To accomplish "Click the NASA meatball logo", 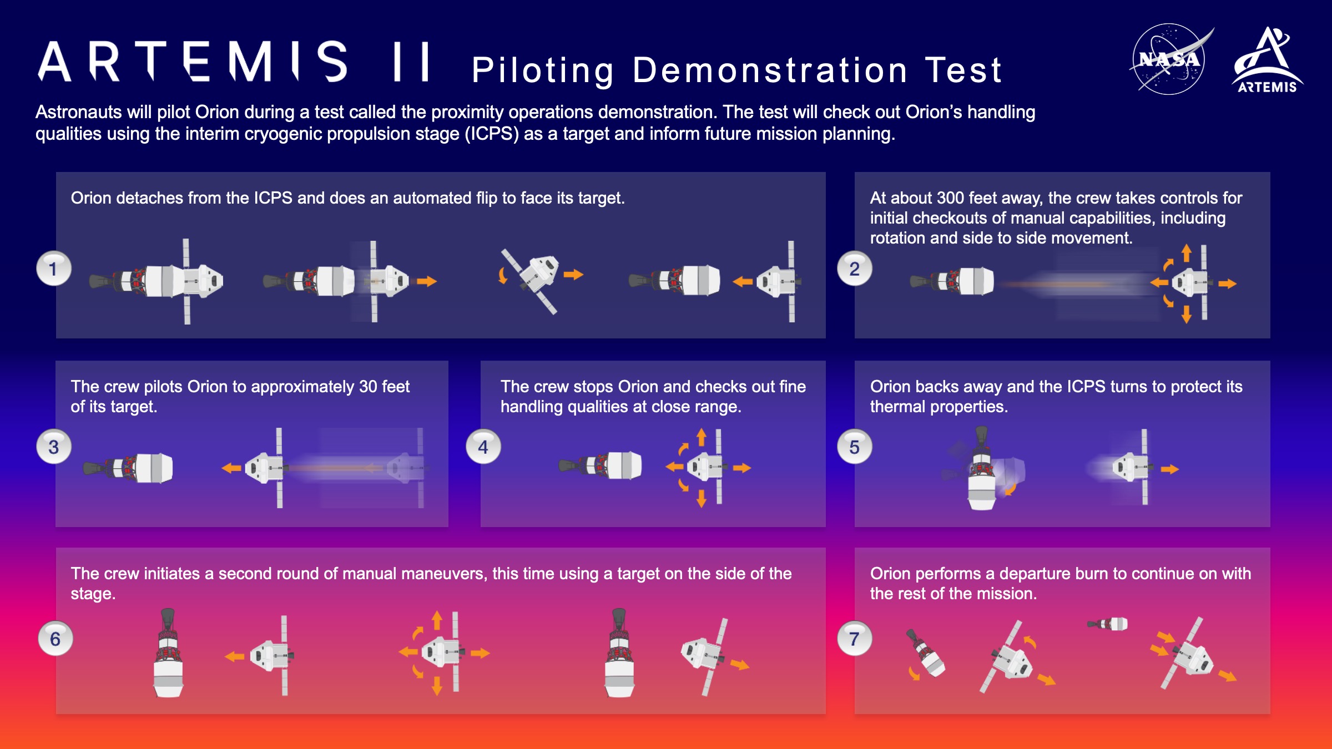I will click(x=1169, y=59).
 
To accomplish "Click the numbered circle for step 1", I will click(x=53, y=269).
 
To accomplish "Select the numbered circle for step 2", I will click(x=855, y=269).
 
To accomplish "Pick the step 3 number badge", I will click(x=53, y=447).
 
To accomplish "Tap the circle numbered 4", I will click(x=483, y=447).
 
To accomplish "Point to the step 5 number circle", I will click(x=855, y=447).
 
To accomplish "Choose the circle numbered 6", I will click(x=55, y=639).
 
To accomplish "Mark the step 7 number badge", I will click(x=855, y=639).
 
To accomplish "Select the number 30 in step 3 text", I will click(x=368, y=387).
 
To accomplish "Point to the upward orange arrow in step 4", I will click(x=702, y=437).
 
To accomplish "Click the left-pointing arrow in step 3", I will click(x=231, y=468).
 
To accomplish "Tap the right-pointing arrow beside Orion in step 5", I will click(x=1169, y=469).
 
